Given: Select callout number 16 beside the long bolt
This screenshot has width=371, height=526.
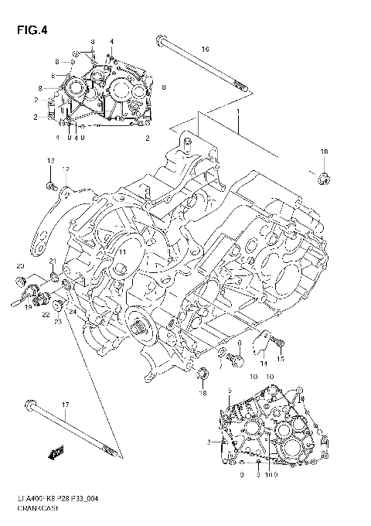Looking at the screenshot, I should coord(205,50).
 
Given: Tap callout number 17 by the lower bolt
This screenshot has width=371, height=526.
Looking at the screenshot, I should coord(65,405).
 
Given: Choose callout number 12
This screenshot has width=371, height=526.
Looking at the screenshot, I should coord(66,169).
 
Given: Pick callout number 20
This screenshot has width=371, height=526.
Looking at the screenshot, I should coord(20,267).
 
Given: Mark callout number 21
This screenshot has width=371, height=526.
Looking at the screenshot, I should coord(53,261).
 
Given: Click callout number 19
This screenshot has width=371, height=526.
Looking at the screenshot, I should coord(26,307).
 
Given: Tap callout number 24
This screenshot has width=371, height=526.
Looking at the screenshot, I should coord(70,312).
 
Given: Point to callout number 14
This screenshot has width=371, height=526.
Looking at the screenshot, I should coord(264,363).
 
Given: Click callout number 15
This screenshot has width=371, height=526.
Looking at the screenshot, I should coord(281,359).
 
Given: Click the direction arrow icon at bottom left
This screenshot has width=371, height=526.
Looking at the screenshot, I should coord(53,456).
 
